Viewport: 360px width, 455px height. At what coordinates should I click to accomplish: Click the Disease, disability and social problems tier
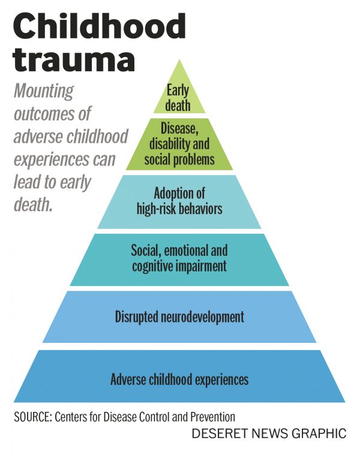(x=179, y=144)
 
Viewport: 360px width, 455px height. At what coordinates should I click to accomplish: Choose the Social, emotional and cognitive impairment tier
(x=179, y=258)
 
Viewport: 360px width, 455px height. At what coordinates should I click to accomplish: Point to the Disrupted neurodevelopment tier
(x=179, y=317)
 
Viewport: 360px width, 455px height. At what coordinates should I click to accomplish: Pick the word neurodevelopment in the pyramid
(x=202, y=317)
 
